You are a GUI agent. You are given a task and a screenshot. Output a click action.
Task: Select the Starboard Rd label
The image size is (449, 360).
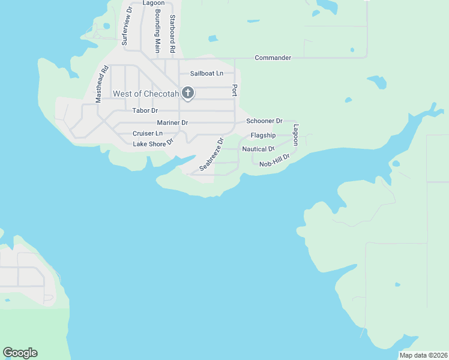tap(172, 33)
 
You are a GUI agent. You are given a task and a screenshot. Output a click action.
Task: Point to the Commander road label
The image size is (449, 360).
tap(273, 58)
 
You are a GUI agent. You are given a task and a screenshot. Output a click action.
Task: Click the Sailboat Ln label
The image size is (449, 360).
tap(206, 73)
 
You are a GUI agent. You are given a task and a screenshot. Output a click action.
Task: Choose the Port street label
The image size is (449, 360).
tap(235, 90)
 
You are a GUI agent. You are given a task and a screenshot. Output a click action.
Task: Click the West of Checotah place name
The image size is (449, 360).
tap(146, 94)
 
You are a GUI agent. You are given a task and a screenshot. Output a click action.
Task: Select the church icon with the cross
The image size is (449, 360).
tap(188, 93)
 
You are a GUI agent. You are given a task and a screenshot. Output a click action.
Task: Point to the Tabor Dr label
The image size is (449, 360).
tap(145, 110)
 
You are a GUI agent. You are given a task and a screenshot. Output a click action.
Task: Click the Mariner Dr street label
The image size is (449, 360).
tap(172, 122)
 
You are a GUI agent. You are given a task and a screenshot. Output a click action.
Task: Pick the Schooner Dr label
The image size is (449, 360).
tap(264, 121)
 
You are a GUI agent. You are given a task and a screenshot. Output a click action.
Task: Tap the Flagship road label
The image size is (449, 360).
tap(263, 136)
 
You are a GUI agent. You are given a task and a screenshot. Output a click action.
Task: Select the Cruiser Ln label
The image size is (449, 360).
tap(148, 133)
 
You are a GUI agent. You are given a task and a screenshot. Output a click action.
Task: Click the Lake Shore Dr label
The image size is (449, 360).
tap(153, 143)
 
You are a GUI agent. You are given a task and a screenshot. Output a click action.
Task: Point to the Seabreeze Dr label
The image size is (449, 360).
tap(211, 155)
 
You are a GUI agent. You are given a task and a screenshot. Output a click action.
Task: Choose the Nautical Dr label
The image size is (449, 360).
tap(258, 149)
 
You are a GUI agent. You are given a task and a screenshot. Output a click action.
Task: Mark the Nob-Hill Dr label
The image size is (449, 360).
tap(275, 161)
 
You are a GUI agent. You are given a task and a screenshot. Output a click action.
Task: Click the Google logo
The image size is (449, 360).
tap(20, 353)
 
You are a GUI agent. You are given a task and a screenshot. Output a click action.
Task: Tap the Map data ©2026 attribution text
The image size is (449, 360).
tap(423, 355)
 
